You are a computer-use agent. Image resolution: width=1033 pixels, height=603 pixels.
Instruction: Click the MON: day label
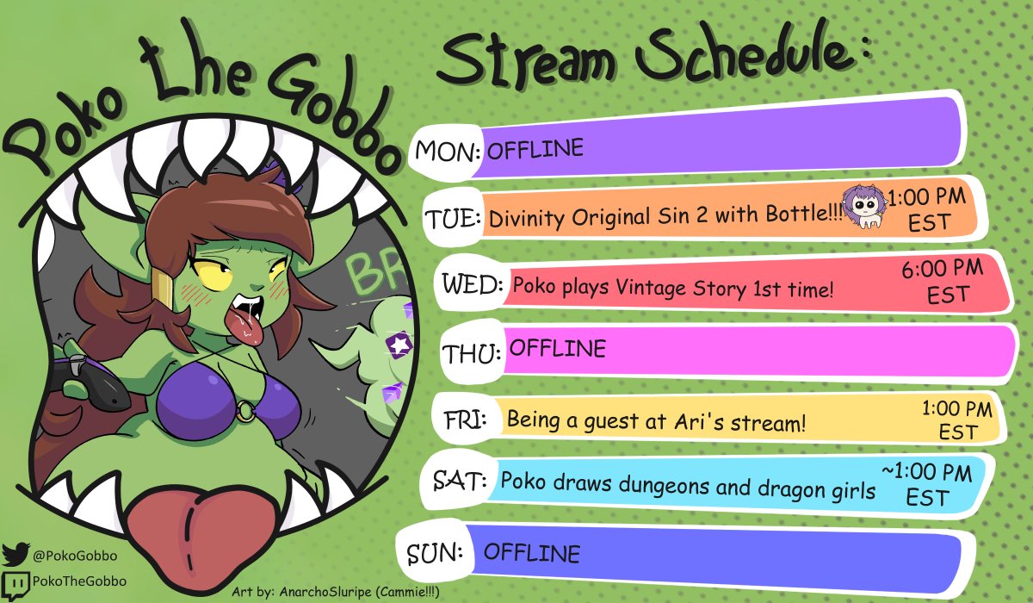coord(447,152)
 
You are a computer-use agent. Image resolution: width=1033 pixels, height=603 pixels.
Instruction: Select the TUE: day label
coord(451,219)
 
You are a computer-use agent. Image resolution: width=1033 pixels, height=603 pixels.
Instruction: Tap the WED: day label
coord(472,283)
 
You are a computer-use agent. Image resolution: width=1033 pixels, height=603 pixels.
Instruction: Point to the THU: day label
coord(472,352)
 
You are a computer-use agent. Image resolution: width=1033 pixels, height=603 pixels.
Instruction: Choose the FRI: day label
coord(465,420)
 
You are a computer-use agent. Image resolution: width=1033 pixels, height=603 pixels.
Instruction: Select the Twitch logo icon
coord(15,581)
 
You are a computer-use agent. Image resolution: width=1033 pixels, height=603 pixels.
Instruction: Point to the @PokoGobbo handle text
coord(75,556)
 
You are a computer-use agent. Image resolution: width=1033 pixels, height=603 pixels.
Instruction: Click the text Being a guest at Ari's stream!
coord(656,421)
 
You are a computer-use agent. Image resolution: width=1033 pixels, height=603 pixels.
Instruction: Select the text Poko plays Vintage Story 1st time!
coord(673,287)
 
